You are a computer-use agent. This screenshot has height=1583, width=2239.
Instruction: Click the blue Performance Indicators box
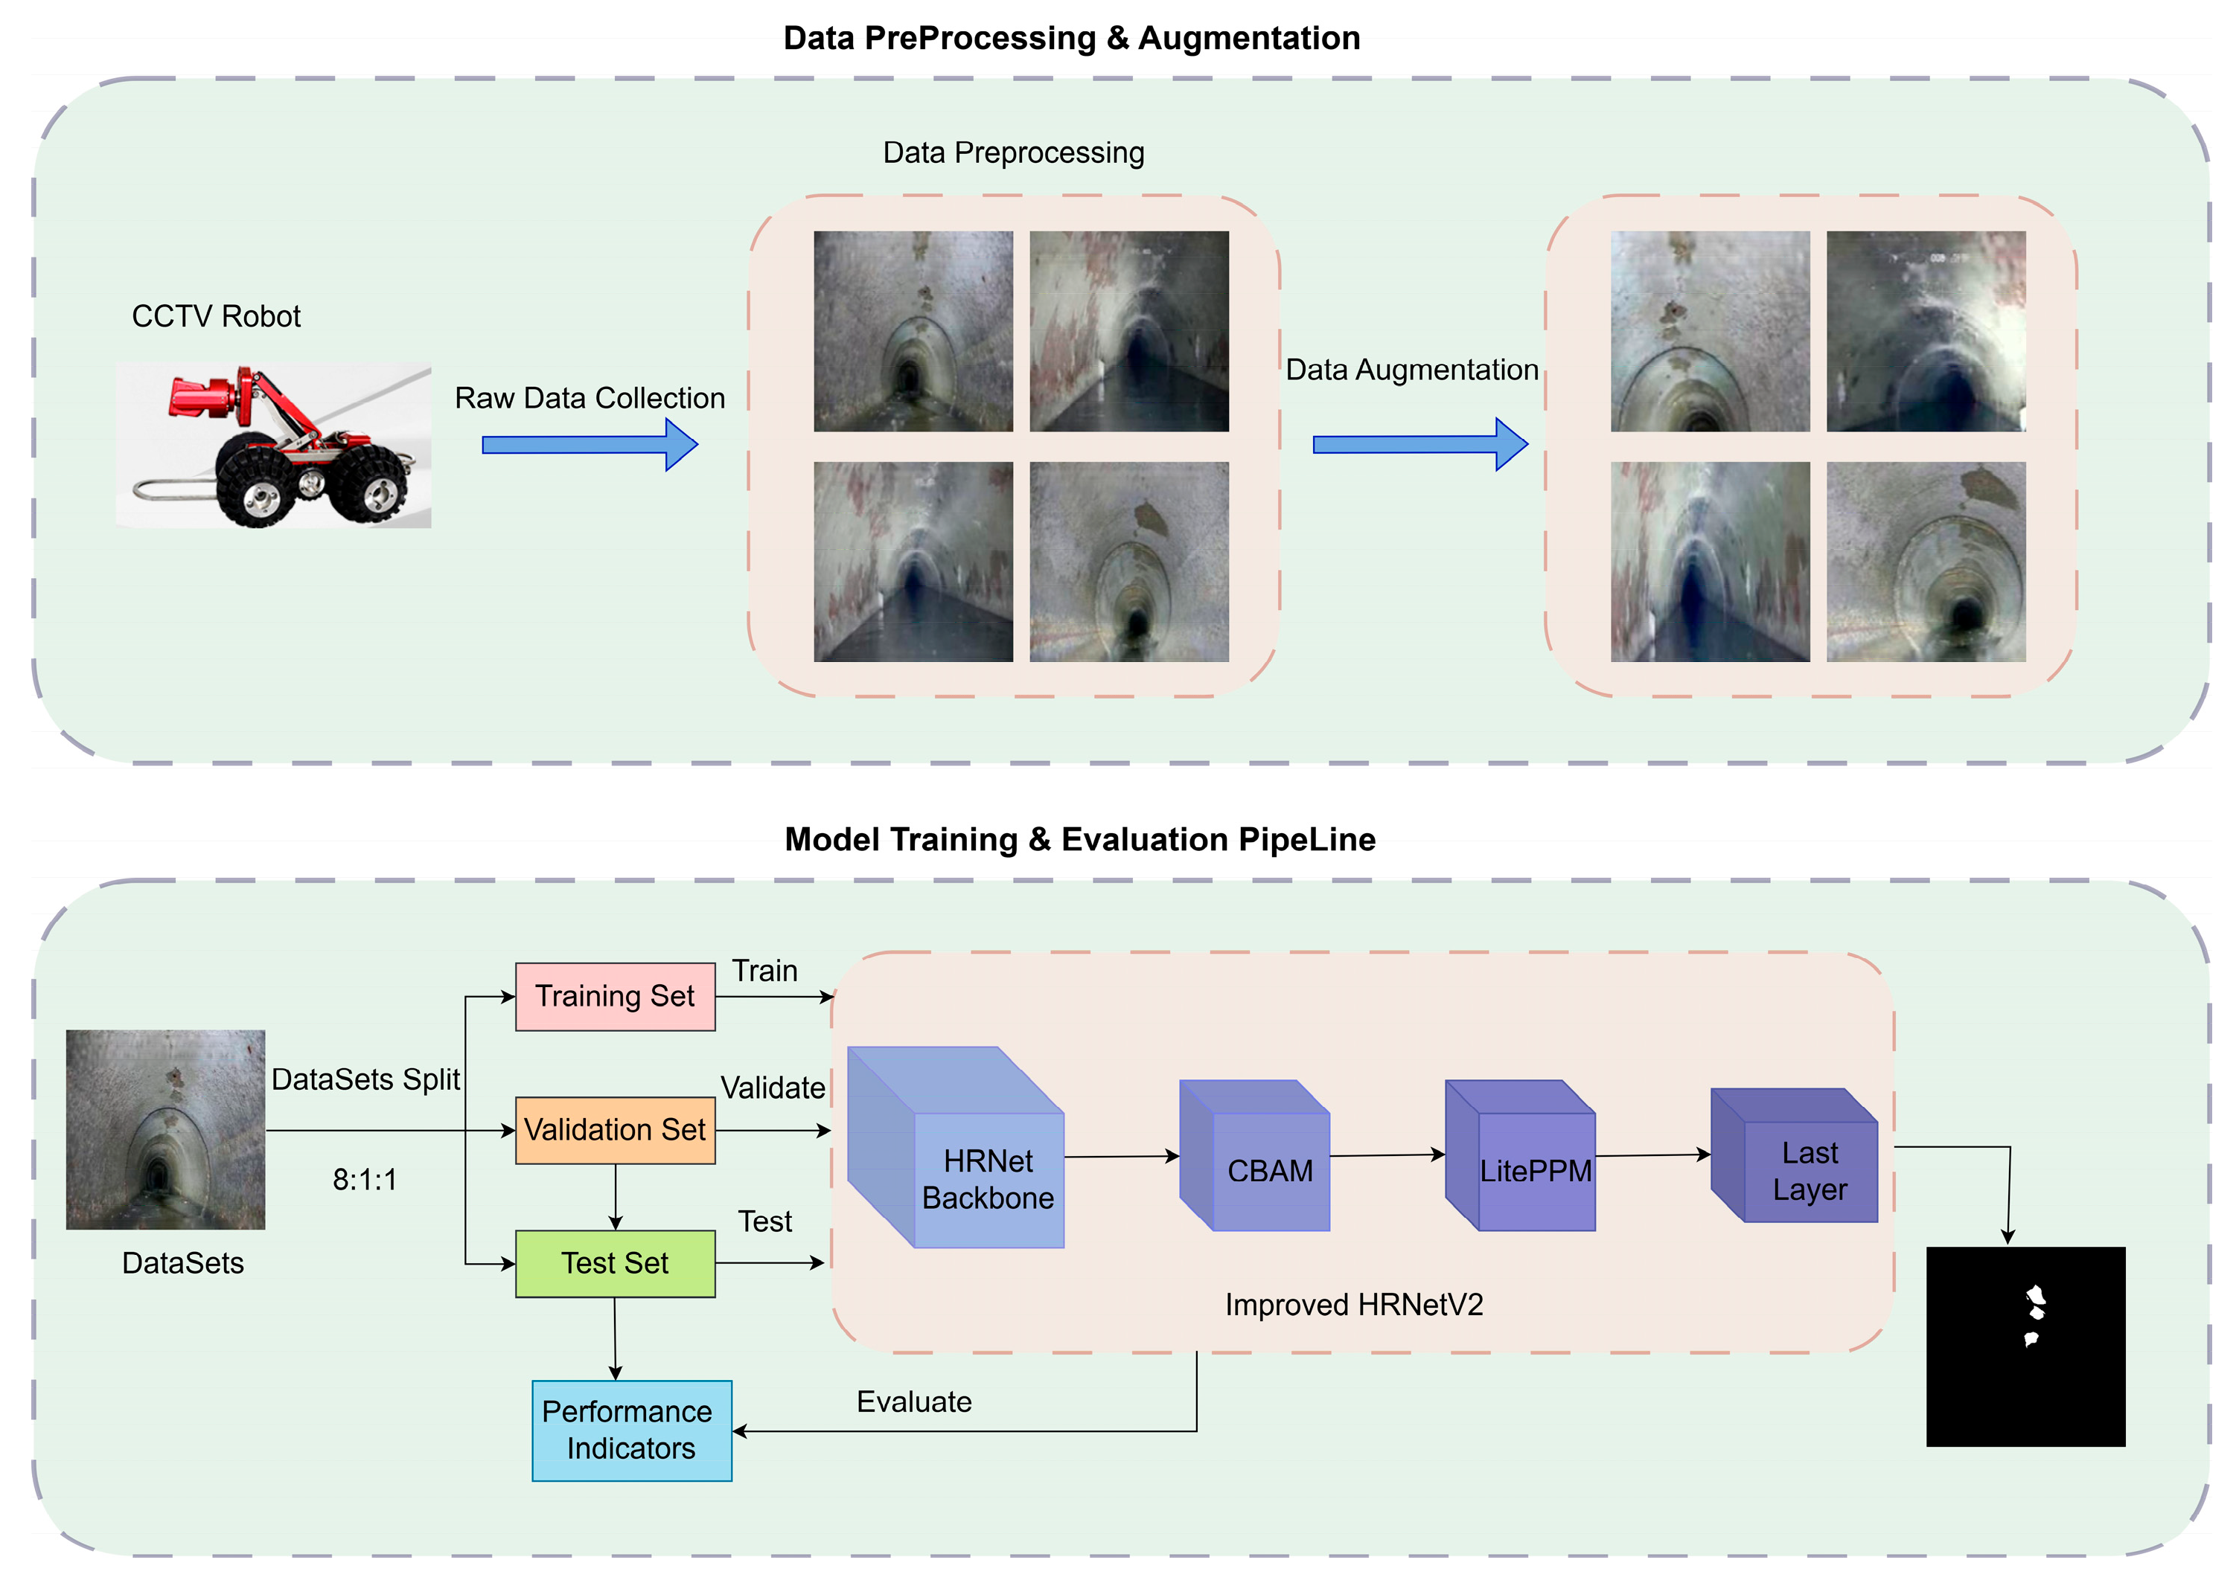tap(631, 1430)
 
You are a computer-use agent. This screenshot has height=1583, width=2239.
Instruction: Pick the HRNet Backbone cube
tap(987, 1178)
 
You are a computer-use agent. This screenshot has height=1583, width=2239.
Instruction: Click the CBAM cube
tap(1270, 1169)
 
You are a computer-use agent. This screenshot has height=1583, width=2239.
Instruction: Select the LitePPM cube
tap(1535, 1169)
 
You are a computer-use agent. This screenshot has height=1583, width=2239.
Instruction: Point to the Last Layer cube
tap(1809, 1169)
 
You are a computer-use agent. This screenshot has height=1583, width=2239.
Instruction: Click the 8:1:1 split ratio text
tap(365, 1181)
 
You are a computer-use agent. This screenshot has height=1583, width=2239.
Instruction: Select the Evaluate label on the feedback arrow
tap(914, 1401)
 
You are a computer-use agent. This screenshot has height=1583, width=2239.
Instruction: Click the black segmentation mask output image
tap(2025, 1346)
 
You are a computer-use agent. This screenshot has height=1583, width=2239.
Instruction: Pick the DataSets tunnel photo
tap(166, 1128)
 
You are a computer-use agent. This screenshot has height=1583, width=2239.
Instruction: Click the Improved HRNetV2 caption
tap(1353, 1306)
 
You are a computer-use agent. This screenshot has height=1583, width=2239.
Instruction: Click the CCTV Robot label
tap(216, 316)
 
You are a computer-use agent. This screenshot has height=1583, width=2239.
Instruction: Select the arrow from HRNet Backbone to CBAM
tap(1122, 1157)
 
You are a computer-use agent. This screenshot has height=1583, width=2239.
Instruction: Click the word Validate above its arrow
tap(773, 1088)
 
